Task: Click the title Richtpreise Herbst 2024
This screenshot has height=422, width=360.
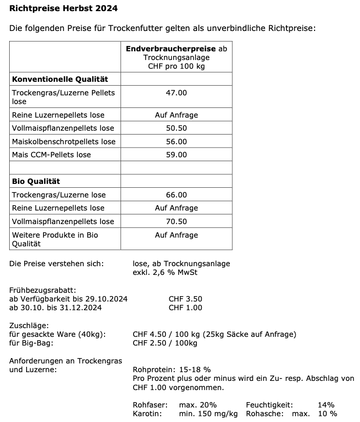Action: pyautogui.click(x=63, y=9)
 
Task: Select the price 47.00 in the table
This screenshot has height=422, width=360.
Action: pyautogui.click(x=176, y=92)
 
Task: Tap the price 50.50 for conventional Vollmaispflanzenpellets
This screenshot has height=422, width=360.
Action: pyautogui.click(x=176, y=128)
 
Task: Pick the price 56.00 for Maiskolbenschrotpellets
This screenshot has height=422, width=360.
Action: pyautogui.click(x=176, y=142)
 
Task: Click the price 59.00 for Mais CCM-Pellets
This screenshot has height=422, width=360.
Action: pyautogui.click(x=176, y=155)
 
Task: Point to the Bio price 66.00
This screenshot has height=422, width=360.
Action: pyautogui.click(x=176, y=195)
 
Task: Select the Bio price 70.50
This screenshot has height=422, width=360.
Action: pyautogui.click(x=176, y=222)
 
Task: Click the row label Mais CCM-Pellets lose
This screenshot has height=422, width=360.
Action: pyautogui.click(x=51, y=155)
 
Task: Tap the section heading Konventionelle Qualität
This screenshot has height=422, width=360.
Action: pyautogui.click(x=60, y=79)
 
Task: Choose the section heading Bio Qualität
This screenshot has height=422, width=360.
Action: pyautogui.click(x=36, y=181)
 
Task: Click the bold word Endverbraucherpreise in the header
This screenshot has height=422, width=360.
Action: pyautogui.click(x=171, y=49)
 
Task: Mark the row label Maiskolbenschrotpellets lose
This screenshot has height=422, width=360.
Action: pyautogui.click(x=64, y=142)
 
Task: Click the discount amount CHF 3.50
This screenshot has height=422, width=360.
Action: pyautogui.click(x=185, y=299)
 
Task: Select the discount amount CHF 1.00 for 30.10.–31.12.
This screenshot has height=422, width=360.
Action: pyautogui.click(x=185, y=308)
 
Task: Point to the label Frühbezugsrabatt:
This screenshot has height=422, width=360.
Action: pyautogui.click(x=43, y=290)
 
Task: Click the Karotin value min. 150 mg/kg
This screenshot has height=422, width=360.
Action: pyautogui.click(x=209, y=414)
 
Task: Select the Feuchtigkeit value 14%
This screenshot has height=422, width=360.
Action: pyautogui.click(x=326, y=405)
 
